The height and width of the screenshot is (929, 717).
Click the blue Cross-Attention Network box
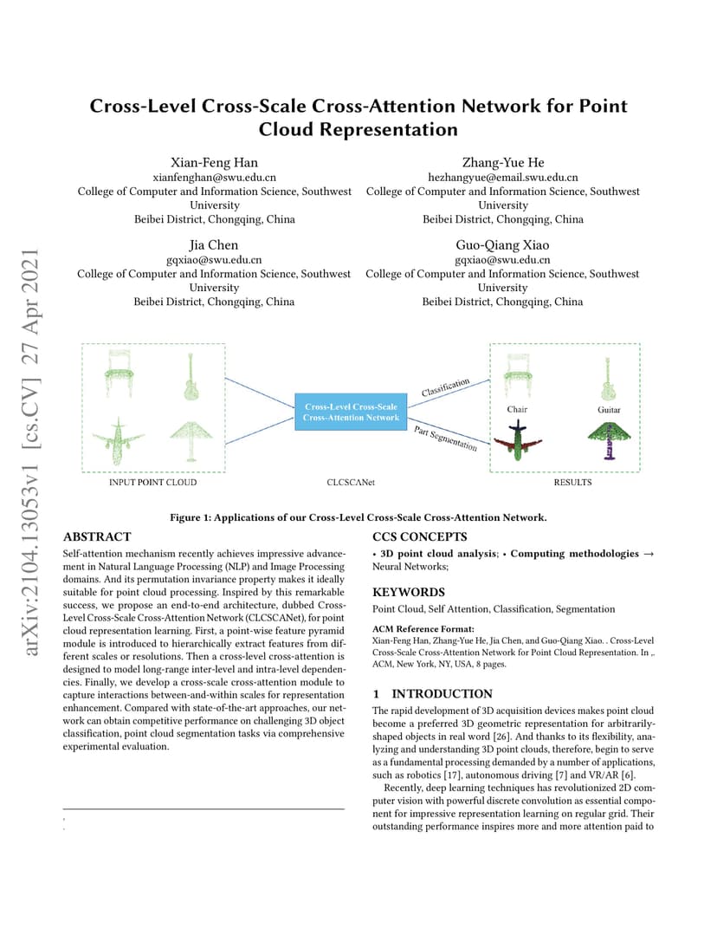[x=351, y=412]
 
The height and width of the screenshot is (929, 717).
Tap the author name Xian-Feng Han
[x=215, y=162]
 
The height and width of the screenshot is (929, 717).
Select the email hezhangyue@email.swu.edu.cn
[x=502, y=177]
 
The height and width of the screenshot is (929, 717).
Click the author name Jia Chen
[x=214, y=244]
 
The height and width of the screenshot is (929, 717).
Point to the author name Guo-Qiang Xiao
[x=502, y=244]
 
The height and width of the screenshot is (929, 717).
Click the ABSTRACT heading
[x=97, y=536]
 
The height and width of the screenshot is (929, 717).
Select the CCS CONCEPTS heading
[x=420, y=536]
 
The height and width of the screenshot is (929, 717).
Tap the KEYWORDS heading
[x=409, y=592]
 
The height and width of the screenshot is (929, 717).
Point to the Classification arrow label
[x=446, y=387]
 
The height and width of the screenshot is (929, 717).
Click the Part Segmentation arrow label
[x=445, y=439]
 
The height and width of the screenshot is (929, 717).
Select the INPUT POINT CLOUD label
[x=152, y=483]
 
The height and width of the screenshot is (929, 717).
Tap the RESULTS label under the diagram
[x=572, y=483]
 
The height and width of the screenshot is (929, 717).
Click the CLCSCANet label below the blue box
[x=351, y=483]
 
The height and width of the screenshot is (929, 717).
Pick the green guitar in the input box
[x=191, y=377]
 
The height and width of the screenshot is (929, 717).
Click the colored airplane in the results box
[x=518, y=441]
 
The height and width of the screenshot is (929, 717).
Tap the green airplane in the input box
[x=119, y=441]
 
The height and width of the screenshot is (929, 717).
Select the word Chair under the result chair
[x=517, y=409]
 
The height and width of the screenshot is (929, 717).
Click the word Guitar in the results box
[x=609, y=409]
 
